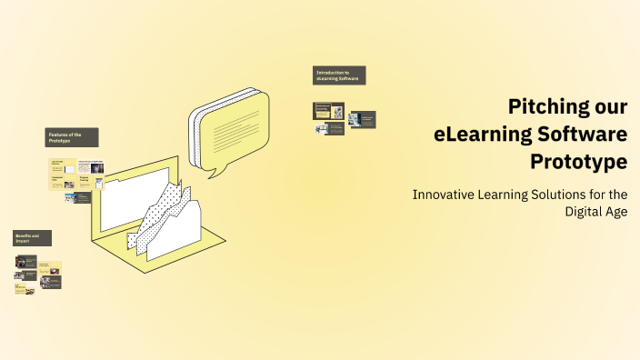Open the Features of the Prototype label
[72, 137]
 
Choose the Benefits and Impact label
[32, 238]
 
